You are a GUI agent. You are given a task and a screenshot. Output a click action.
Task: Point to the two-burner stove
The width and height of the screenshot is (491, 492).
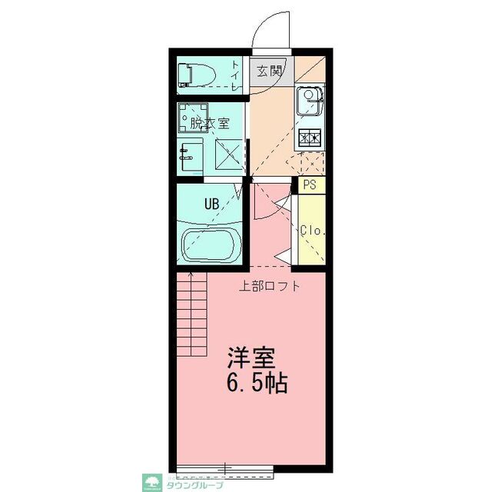[x=310, y=138]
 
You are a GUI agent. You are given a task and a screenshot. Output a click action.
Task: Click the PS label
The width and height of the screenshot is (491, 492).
[x=310, y=185]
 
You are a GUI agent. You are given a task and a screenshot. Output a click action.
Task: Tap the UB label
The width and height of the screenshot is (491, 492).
[x=212, y=204]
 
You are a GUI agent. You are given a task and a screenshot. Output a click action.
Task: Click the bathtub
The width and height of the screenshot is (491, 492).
[x=211, y=245]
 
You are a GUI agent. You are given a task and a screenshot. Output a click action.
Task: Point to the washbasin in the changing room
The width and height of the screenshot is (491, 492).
[x=190, y=155]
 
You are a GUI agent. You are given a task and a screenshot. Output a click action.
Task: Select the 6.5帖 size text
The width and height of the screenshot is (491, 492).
[x=257, y=383]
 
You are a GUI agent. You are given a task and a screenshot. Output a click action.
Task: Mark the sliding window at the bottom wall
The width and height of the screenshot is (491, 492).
[x=225, y=467]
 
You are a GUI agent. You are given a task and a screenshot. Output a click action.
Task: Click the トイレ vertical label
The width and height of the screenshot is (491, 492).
[x=236, y=78]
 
